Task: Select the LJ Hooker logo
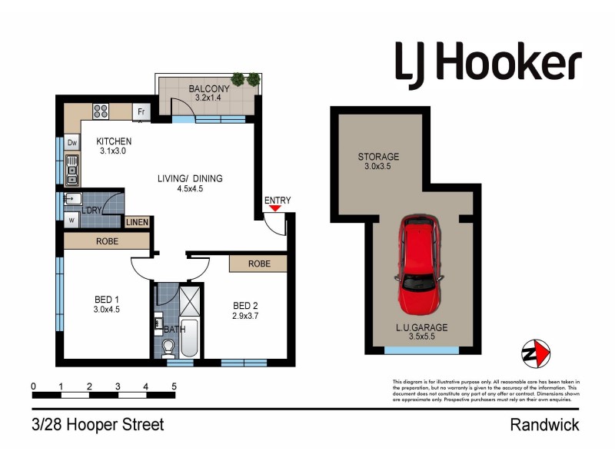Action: click(488, 61)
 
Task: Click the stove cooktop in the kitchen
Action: click(101, 111)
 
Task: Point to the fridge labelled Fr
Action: click(141, 112)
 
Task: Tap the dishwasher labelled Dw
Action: click(71, 143)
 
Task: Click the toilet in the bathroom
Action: click(168, 350)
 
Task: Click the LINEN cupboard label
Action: click(138, 222)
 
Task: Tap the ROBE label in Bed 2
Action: click(258, 264)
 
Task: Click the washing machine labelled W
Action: click(71, 219)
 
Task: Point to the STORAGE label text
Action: click(378, 157)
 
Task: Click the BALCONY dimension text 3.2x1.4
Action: click(208, 98)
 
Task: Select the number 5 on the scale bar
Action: click(175, 386)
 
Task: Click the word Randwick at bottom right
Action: click(545, 425)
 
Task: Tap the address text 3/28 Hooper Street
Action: click(98, 425)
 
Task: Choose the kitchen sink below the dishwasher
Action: click(71, 169)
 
